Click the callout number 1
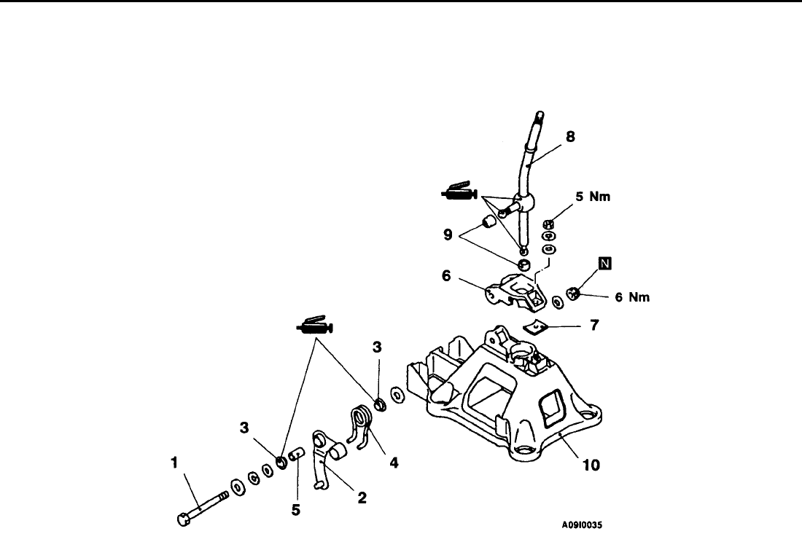[174, 461]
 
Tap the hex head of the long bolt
[182, 520]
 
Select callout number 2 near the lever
[362, 498]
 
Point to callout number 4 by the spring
[394, 461]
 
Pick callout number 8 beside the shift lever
[572, 135]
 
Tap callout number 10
[591, 464]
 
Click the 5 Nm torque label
[593, 197]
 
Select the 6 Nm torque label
[631, 296]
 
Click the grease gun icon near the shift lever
[459, 193]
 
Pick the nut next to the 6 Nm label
[574, 294]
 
